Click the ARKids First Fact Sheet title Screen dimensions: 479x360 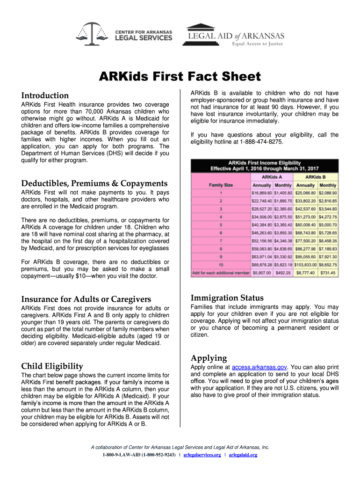pyautogui.click(x=180, y=76)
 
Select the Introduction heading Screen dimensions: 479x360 pyautogui.click(x=45, y=95)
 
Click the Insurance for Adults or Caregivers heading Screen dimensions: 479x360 pyautogui.click(x=86, y=299)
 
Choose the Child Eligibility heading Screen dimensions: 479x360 pyautogui.click(x=52, y=366)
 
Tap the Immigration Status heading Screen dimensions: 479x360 pyautogui.click(x=227, y=298)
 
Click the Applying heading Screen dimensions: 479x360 pyautogui.click(x=209, y=358)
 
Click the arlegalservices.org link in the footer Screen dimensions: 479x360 pyautogui.click(x=202, y=455)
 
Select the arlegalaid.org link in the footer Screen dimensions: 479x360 pyautogui.click(x=243, y=455)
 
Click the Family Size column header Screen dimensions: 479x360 pyautogui.click(x=221, y=185)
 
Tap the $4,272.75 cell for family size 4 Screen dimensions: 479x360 pyautogui.click(x=328, y=217)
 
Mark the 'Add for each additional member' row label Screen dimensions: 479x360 pyautogui.click(x=220, y=273)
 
